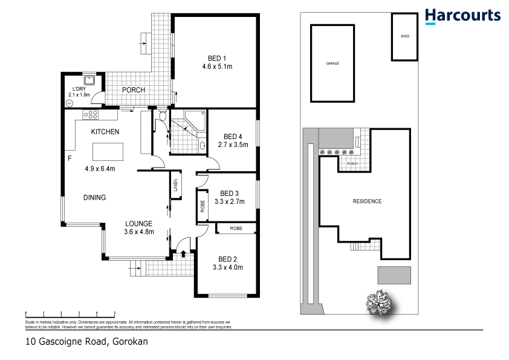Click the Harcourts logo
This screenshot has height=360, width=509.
[x=462, y=16]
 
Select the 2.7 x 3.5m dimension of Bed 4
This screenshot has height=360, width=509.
[x=233, y=145]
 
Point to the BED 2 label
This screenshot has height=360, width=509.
[x=227, y=257]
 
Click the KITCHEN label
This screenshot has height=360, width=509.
[x=105, y=131]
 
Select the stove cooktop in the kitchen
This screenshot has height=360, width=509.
[x=91, y=114]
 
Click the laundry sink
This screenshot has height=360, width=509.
[x=89, y=79]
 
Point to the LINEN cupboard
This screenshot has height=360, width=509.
[x=175, y=184]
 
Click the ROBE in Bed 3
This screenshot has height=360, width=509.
[x=202, y=206]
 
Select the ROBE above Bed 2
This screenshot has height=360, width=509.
[x=236, y=229]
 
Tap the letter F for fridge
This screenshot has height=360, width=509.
[x=70, y=159]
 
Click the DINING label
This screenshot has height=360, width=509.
[x=95, y=197]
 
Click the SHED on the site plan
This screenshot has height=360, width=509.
[x=404, y=36]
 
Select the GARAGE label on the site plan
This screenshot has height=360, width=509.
[x=332, y=64]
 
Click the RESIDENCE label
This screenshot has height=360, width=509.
[x=367, y=201]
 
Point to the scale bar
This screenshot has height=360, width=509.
[x=70, y=313]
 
